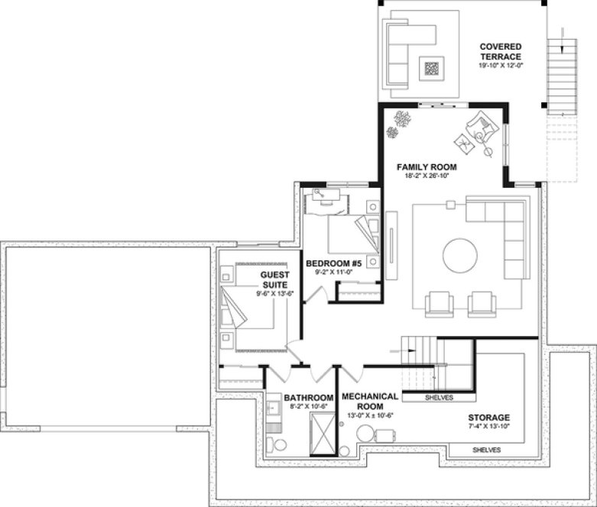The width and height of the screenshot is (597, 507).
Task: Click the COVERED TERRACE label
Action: (x=500, y=52)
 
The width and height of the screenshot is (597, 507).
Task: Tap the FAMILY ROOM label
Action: (x=426, y=166)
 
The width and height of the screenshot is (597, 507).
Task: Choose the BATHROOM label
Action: (x=309, y=398)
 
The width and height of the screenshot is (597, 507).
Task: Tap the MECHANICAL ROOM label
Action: (x=369, y=402)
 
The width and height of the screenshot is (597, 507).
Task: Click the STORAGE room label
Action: (x=488, y=418)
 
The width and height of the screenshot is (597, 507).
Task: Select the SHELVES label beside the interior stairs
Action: (x=439, y=398)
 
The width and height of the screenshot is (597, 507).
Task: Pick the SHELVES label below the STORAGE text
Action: (x=485, y=450)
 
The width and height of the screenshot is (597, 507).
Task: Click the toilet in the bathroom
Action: (x=279, y=445)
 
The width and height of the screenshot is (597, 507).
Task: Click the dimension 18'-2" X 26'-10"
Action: (x=426, y=176)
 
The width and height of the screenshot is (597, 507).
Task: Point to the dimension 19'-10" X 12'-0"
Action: (x=500, y=66)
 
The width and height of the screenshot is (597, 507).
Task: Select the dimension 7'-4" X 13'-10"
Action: (x=488, y=427)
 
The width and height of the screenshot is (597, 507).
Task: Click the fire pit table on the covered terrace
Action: (x=433, y=69)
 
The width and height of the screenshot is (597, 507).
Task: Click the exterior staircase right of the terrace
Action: (x=560, y=76)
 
